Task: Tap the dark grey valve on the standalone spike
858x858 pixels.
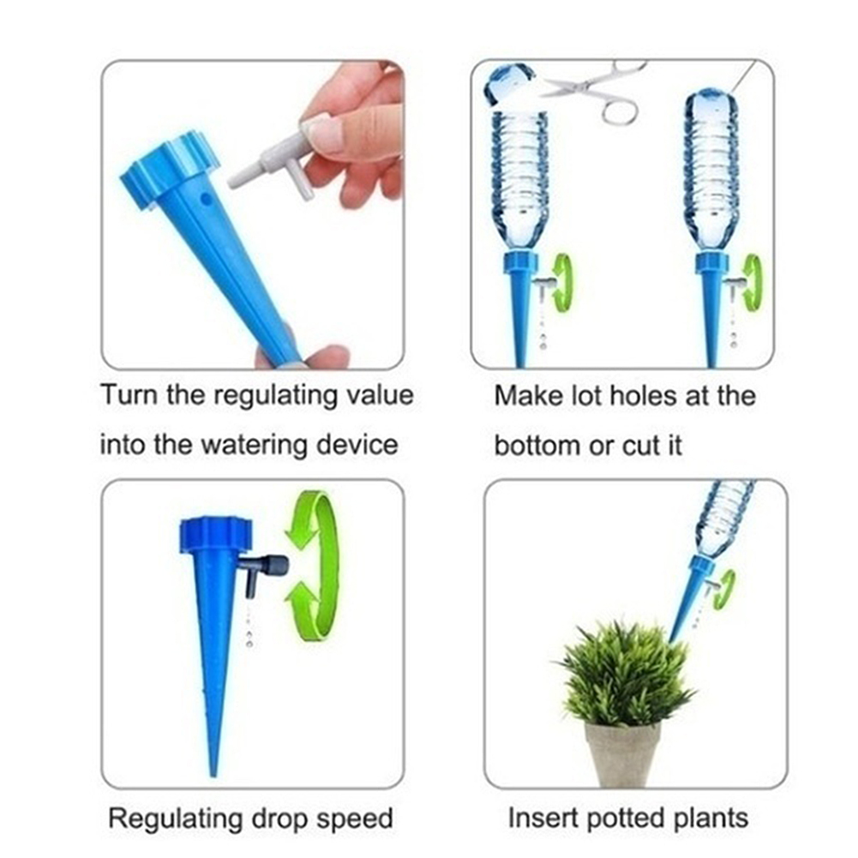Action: coord(265,573)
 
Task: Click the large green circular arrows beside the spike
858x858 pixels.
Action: coord(312,567)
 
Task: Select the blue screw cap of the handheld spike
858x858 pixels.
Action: coord(169,170)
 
